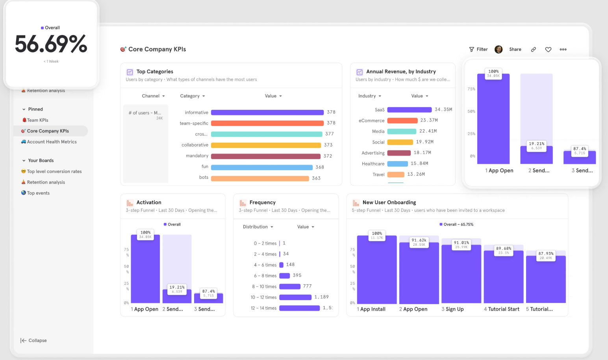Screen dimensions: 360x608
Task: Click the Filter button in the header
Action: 478,50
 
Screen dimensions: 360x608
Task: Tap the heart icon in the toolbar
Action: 548,50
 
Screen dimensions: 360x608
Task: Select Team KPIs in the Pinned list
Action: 37,120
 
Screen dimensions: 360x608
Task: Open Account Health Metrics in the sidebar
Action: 52,142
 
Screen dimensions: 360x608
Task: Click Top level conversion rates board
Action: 54,171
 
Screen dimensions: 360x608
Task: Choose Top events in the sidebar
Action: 38,193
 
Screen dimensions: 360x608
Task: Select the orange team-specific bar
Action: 267,123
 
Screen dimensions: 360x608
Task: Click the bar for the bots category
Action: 260,178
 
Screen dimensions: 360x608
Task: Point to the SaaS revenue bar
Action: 409,110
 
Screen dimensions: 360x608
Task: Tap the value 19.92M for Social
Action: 424,142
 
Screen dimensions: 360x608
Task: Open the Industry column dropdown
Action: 369,96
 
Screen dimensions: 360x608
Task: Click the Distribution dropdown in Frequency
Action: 258,227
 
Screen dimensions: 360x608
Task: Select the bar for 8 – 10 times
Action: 289,286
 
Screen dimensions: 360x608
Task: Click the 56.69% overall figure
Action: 51,44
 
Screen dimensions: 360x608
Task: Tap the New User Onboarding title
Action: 389,202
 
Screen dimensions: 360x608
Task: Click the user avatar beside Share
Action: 499,50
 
